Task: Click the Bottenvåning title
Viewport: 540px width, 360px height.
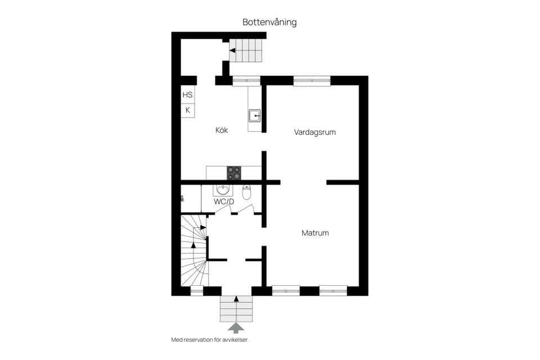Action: (269, 22)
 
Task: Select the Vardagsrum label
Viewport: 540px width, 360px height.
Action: (315, 133)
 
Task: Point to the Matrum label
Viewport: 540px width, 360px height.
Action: (315, 233)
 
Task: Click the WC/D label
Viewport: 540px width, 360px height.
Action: (224, 201)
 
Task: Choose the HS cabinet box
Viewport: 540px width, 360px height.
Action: (187, 96)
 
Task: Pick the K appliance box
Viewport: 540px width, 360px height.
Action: (187, 110)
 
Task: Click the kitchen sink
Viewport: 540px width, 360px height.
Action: (254, 116)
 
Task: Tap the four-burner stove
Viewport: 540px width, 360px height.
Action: (234, 173)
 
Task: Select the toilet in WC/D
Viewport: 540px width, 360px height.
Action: (246, 192)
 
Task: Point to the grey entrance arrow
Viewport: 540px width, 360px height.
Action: (236, 327)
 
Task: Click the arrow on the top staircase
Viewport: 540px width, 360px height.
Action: (232, 51)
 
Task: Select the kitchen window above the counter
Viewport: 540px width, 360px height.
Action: (247, 80)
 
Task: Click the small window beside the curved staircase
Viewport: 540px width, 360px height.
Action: (196, 291)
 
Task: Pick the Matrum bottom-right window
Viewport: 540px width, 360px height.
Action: (333, 291)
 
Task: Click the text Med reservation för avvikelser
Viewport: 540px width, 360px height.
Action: (210, 340)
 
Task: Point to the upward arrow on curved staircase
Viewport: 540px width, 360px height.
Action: (193, 244)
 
